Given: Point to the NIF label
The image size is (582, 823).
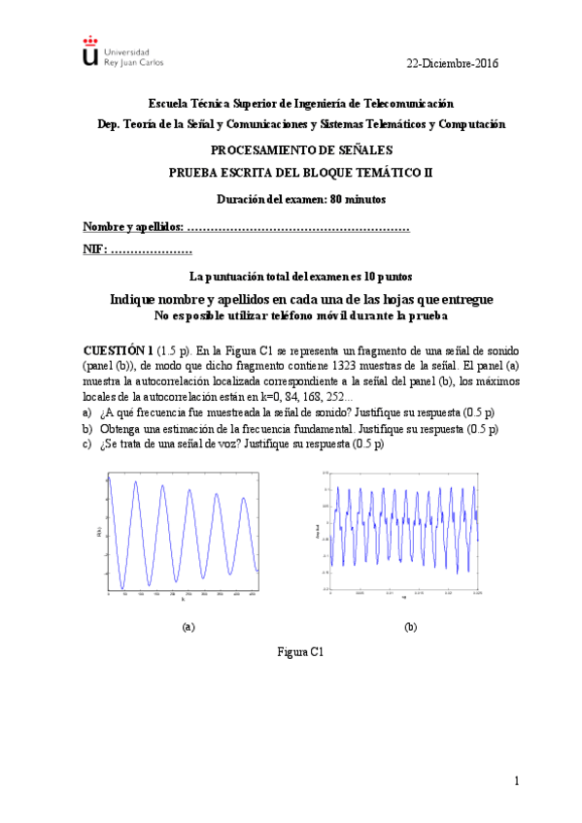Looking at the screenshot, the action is pyautogui.click(x=95, y=250).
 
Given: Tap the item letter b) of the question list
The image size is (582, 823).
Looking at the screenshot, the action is pyautogui.click(x=88, y=429).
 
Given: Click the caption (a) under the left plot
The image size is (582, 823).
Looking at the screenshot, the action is pyautogui.click(x=188, y=627).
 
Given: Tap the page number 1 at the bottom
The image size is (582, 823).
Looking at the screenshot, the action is pyautogui.click(x=517, y=781).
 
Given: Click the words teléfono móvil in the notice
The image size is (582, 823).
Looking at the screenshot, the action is pyautogui.click(x=326, y=316).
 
